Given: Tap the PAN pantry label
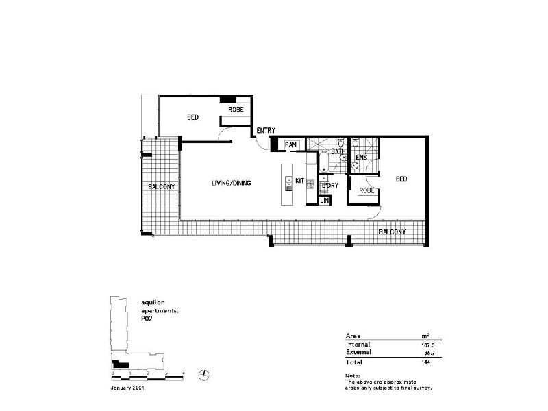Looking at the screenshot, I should click(290, 145).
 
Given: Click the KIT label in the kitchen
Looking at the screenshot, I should click(299, 181).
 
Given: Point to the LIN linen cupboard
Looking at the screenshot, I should click(324, 201).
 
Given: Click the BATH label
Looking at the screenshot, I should click(338, 151).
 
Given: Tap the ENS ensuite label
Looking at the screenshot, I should click(362, 158).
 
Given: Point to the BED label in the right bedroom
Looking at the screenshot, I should click(401, 179).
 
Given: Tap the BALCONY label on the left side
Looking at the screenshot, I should click(162, 187).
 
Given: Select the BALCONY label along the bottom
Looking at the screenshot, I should click(393, 232).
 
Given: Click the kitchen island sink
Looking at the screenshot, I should click(288, 182).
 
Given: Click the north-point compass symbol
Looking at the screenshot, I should click(203, 373).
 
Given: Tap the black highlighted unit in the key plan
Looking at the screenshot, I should click(120, 364).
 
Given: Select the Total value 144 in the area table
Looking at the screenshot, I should click(427, 361).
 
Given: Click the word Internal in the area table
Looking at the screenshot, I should click(358, 344).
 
